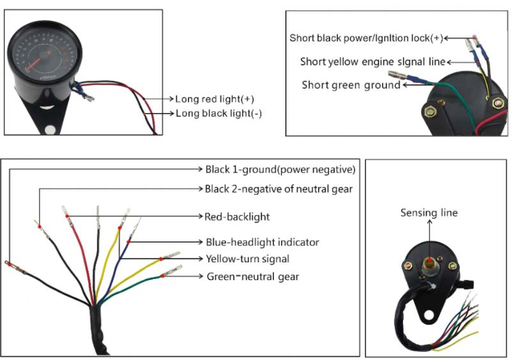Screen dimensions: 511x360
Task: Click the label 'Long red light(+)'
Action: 215,99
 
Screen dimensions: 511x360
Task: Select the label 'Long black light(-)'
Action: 218,114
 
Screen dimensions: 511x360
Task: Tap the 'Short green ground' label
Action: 351,85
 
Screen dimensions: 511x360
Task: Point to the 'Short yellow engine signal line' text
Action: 373,61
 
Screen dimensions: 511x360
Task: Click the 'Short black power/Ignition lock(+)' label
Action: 366,38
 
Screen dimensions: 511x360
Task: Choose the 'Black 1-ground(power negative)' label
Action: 280,169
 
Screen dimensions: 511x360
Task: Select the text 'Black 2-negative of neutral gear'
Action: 278,189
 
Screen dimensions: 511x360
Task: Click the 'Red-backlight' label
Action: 237,216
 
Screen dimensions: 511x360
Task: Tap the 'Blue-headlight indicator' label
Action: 263,242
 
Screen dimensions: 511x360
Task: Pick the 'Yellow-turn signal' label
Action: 247,259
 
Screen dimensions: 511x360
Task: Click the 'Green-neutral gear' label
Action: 253,276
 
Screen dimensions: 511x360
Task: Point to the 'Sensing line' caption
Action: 429,213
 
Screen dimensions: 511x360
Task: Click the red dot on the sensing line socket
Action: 430,260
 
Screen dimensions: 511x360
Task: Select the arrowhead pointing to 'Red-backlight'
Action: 201,216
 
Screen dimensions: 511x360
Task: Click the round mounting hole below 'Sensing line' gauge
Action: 429,315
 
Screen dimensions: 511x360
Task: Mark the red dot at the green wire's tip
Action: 162,276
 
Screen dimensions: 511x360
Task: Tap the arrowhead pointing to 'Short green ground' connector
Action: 405,85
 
